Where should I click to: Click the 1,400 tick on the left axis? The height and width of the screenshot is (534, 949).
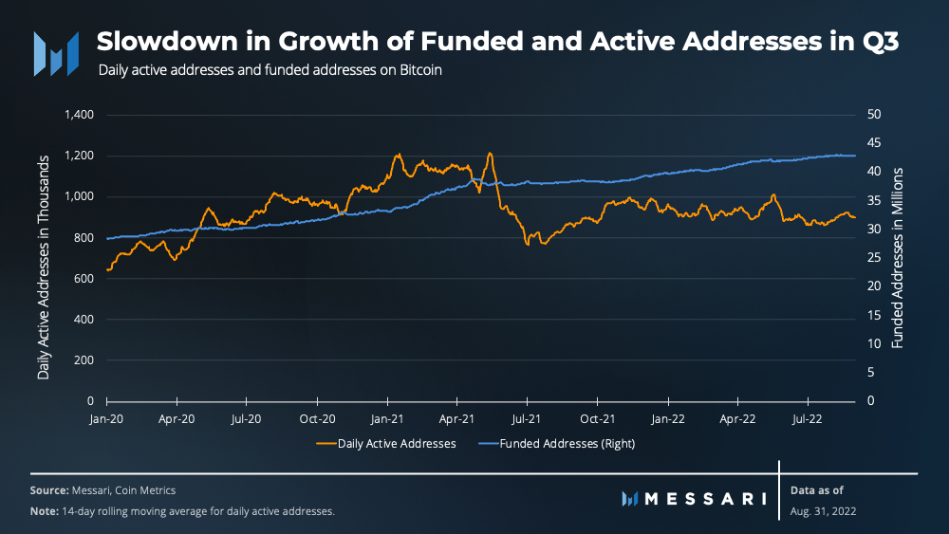click(78, 115)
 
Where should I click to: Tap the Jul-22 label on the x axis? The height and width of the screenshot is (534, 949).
click(808, 417)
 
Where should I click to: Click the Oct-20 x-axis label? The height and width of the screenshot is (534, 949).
click(317, 417)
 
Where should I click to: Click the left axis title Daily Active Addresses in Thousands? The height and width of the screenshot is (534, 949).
click(44, 258)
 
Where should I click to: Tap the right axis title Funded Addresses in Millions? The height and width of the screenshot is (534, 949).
click(898, 258)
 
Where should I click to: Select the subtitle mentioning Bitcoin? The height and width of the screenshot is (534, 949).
click(270, 70)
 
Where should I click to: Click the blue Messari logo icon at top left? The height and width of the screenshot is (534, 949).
click(56, 53)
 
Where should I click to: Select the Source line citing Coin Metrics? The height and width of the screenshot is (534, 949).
click(102, 490)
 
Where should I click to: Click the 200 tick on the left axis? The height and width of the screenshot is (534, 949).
click(84, 360)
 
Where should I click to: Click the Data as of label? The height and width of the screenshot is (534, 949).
click(816, 490)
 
